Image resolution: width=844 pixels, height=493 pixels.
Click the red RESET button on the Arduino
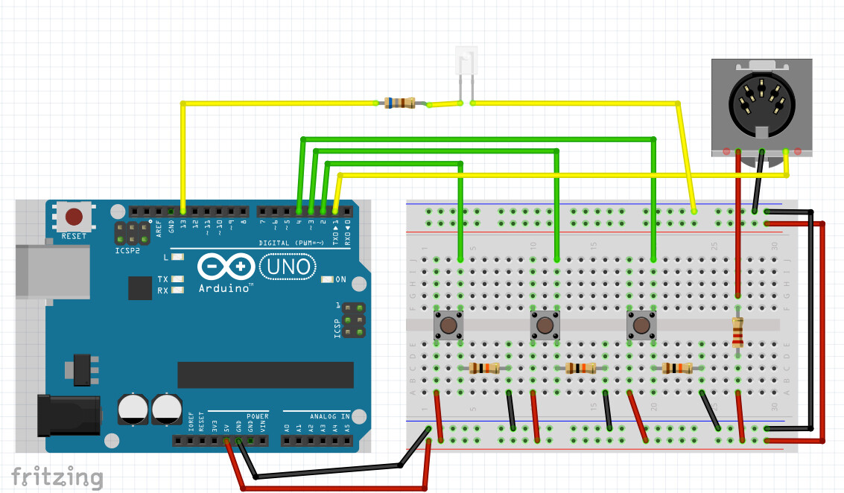pos(74,217)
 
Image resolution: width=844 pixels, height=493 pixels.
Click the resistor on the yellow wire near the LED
pos(400,103)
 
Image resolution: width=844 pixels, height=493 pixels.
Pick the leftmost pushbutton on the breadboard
pos(449,325)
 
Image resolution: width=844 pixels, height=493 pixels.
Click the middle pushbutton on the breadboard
pos(545,325)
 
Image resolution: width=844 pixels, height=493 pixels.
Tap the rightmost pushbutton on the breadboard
pos(641,325)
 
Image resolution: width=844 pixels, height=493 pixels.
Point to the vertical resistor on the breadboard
pos(737,332)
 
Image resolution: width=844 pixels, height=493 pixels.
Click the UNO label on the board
pos(288,267)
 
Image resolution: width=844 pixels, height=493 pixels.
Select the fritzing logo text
pos(57,477)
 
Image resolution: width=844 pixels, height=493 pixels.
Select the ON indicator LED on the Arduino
pos(328,279)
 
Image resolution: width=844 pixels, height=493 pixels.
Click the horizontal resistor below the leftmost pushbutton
pos(485,368)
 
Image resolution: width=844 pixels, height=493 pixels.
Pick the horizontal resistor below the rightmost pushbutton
pos(677,368)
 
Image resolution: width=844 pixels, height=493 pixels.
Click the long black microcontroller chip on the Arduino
pos(264,374)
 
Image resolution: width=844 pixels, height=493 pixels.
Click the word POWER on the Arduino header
pos(257,416)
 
